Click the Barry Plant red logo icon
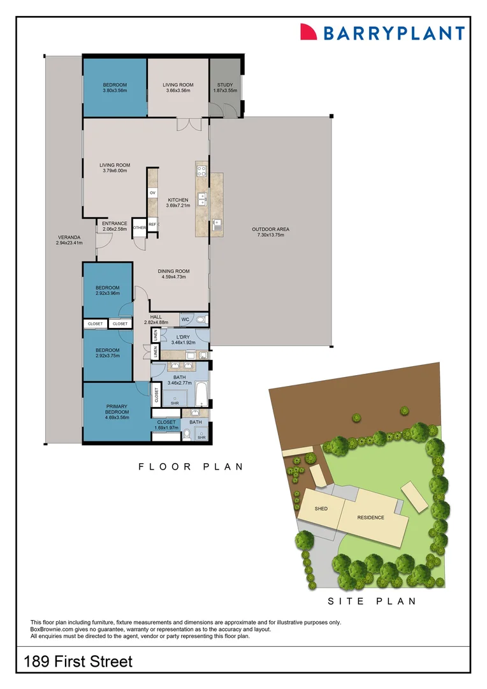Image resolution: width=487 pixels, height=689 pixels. pyautogui.click(x=309, y=32)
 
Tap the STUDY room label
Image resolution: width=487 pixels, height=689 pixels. pyautogui.click(x=225, y=85)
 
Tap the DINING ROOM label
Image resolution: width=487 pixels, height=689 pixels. pyautogui.click(x=174, y=272)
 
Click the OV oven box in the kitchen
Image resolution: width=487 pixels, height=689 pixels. pyautogui.click(x=153, y=192)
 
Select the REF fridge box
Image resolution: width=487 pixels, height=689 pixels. pyautogui.click(x=152, y=224)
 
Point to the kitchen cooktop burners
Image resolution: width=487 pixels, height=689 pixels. pyautogui.click(x=202, y=170)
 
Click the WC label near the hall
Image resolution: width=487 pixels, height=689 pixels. pyautogui.click(x=185, y=319)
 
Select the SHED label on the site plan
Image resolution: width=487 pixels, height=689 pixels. pyautogui.click(x=321, y=509)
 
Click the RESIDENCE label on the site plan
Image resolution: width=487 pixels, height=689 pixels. pyautogui.click(x=371, y=517)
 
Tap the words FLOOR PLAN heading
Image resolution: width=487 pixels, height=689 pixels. pyautogui.click(x=191, y=467)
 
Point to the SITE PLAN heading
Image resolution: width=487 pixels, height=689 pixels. pyautogui.click(x=372, y=601)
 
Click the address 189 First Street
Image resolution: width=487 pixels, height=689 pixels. pyautogui.click(x=78, y=661)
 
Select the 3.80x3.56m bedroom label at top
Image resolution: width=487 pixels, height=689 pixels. pyautogui.click(x=115, y=87)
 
